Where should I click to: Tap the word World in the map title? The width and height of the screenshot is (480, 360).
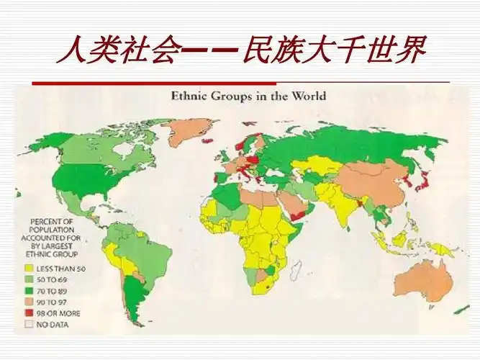pos(309,96)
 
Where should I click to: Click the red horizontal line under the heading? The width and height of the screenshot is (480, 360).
pos(144,83)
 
